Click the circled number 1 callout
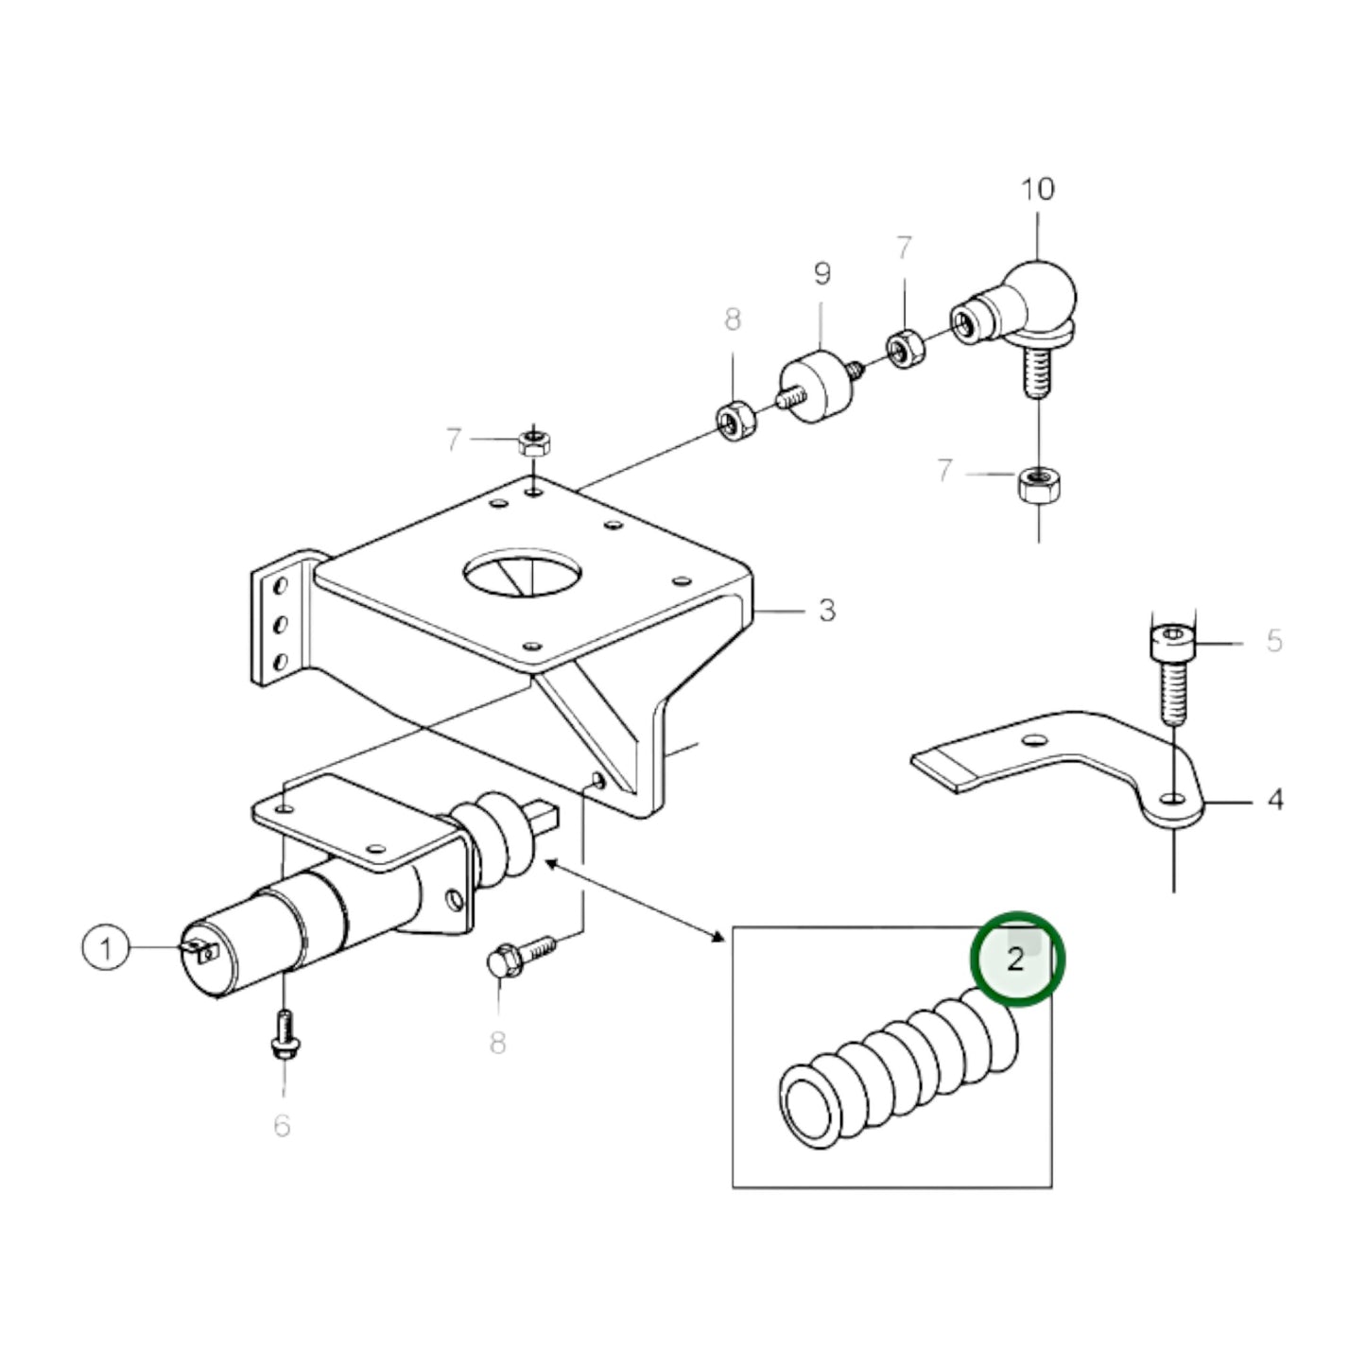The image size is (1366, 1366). tap(106, 947)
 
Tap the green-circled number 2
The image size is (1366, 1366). tap(1017, 960)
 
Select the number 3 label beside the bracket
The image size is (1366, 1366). tap(827, 611)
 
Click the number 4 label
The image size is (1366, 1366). tap(1274, 800)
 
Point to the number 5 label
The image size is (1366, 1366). tap(1274, 641)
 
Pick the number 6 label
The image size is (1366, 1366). tap(282, 1126)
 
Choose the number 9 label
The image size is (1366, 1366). tap(821, 274)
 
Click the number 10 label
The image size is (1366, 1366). tap(1037, 189)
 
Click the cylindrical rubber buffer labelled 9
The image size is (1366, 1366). tap(816, 389)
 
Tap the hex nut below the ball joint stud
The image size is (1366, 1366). tap(1039, 487)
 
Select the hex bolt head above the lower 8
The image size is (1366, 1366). tap(502, 962)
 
